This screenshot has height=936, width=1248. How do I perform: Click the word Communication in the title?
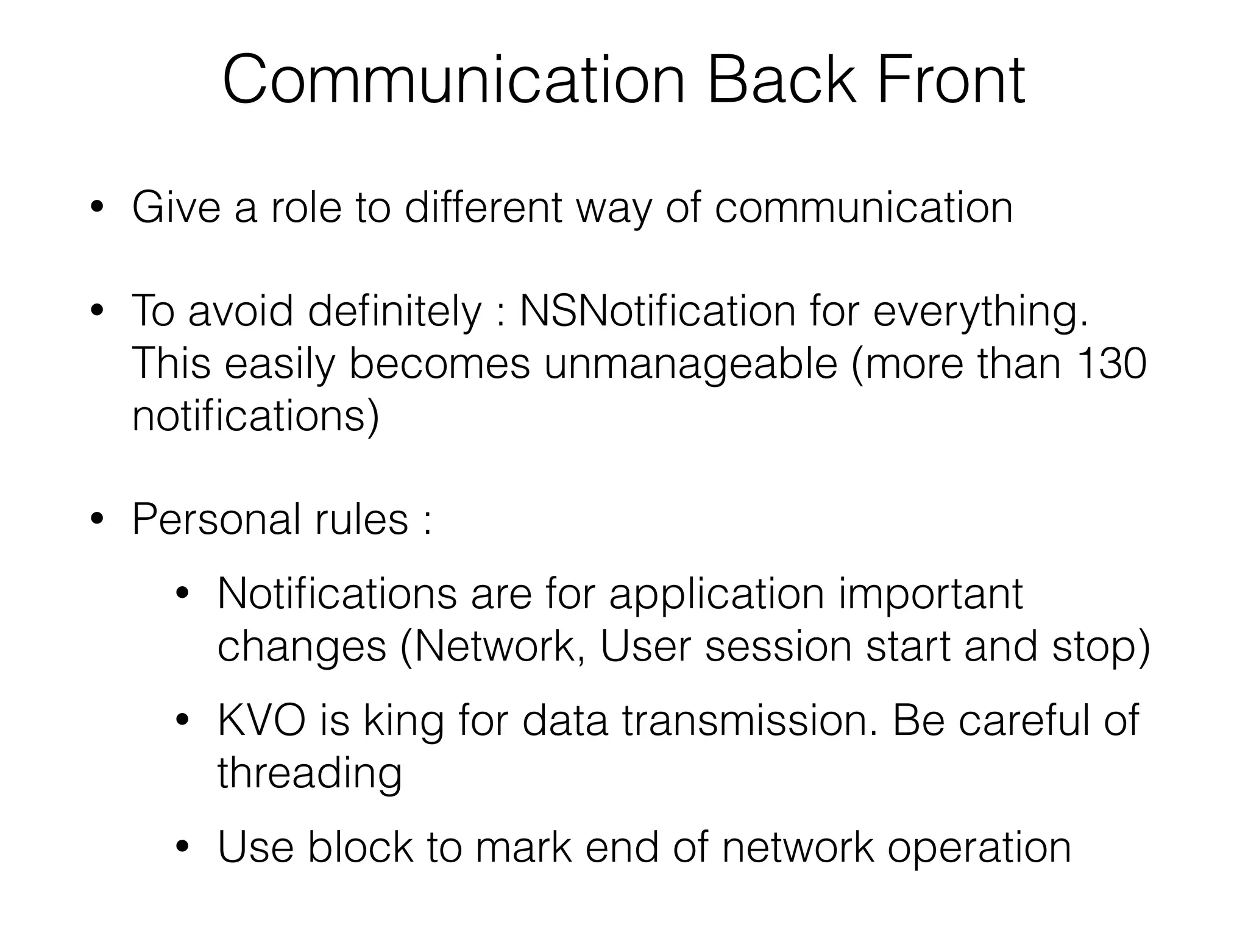point(453,80)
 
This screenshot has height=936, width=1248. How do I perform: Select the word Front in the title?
point(951,80)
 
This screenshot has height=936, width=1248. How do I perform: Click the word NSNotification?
point(658,311)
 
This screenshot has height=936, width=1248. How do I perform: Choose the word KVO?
point(261,720)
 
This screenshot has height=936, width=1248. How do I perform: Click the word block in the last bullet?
point(360,847)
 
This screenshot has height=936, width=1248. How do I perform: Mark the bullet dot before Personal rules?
point(96,520)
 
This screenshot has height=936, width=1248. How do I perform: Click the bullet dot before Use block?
point(182,847)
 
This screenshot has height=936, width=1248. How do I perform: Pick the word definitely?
point(394,311)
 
